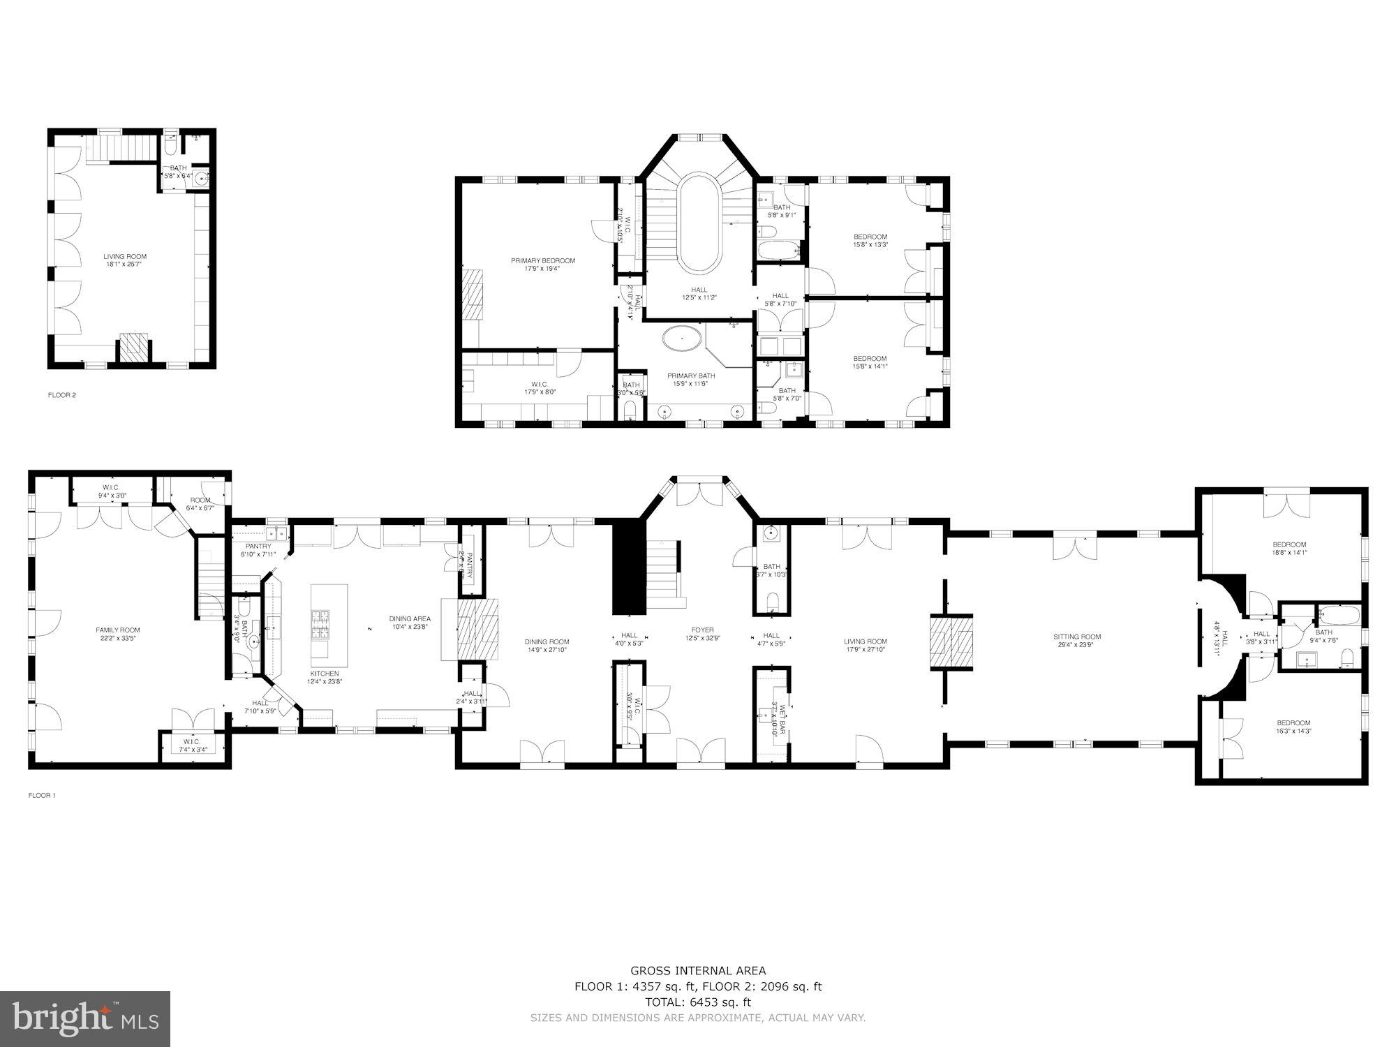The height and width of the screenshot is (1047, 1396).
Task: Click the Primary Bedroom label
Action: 543,261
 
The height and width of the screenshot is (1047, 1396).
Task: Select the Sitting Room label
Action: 1077,637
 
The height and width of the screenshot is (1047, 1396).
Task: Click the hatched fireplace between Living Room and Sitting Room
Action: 951,642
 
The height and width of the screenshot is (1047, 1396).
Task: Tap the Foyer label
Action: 702,630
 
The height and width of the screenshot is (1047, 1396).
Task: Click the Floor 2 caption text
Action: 62,395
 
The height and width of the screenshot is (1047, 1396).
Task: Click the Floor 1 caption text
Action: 42,795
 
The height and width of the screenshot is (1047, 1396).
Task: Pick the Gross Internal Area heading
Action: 698,970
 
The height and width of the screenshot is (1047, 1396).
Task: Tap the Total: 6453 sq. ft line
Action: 698,1002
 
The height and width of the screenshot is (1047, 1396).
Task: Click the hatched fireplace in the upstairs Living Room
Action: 135,348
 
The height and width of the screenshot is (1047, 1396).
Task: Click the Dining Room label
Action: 547,641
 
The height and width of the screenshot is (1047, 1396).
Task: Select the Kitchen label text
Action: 324,674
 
